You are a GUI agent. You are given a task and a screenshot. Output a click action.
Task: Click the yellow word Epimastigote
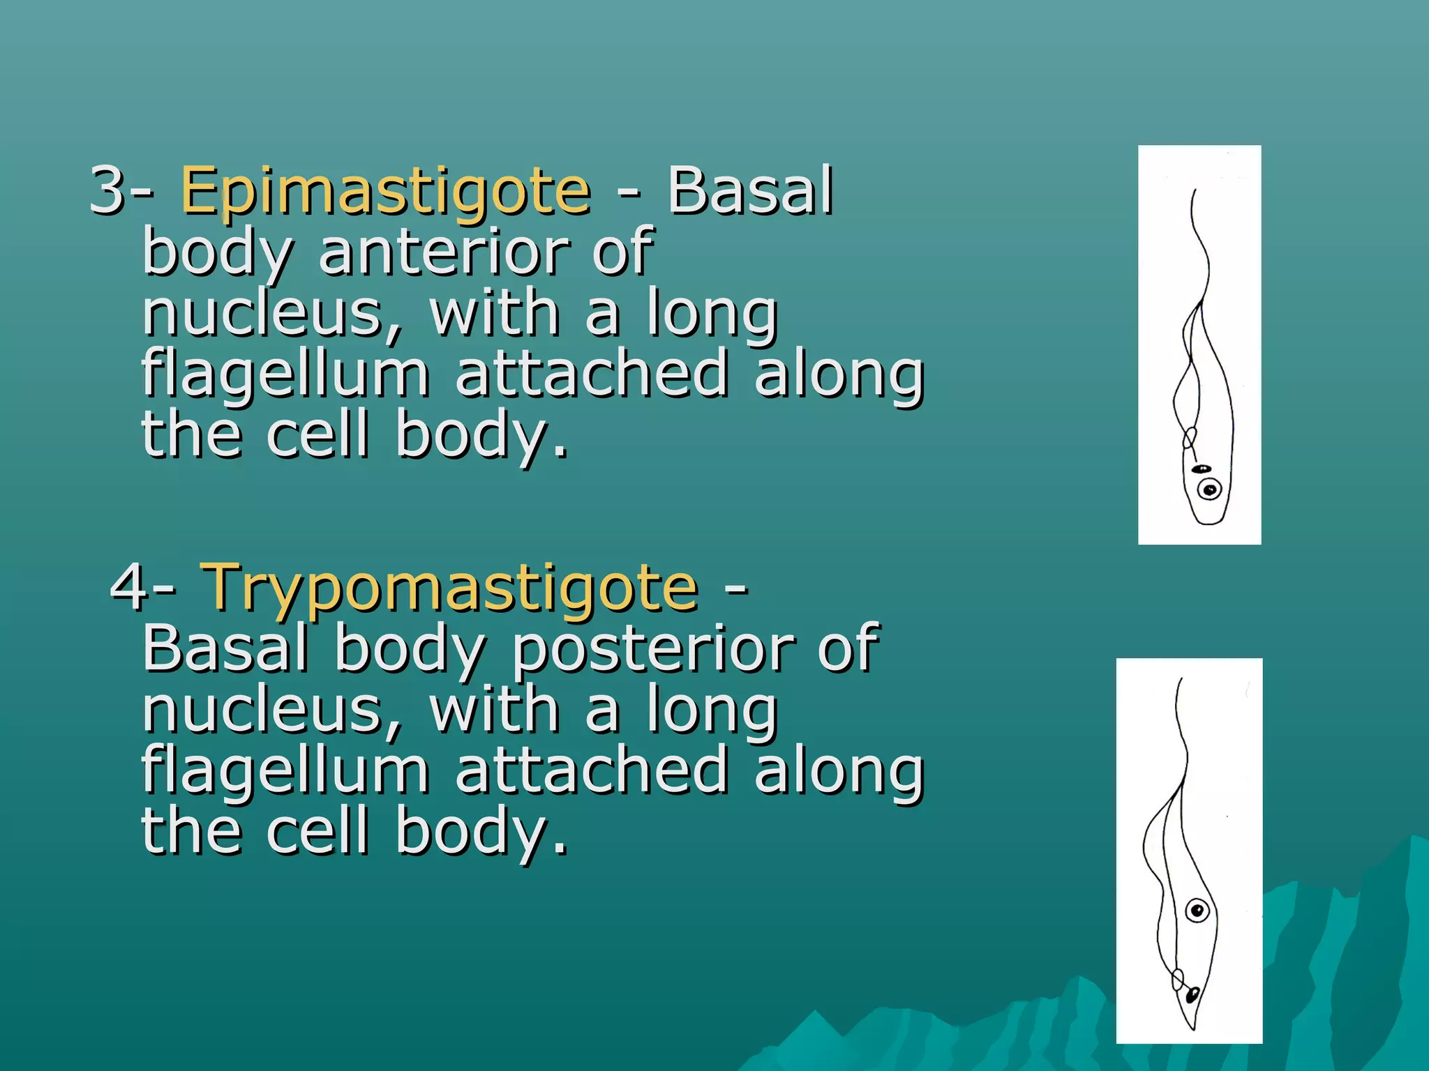385,191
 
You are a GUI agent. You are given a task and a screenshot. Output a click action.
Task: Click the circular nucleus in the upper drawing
1211,489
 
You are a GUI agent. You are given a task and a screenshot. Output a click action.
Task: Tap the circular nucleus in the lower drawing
1197,910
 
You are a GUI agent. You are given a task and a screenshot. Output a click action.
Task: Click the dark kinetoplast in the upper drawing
1201,469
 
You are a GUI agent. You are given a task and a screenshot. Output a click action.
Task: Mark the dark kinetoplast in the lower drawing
1192,994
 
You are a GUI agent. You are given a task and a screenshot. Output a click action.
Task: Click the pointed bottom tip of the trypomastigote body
1192,1028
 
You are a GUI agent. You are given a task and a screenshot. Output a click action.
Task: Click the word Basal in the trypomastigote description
225,648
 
